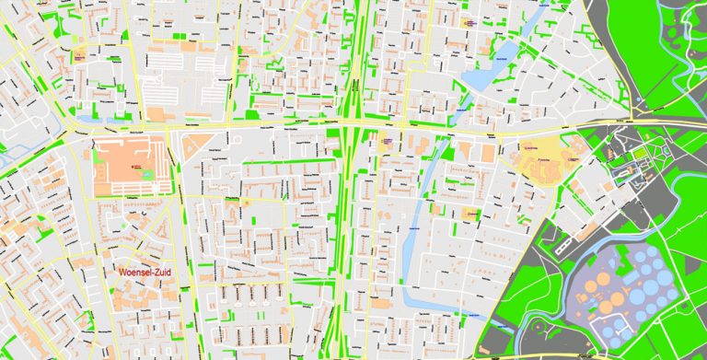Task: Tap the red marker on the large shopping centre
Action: [x=134, y=166]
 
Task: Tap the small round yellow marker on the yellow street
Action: [x=247, y=202]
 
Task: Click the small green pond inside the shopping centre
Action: [x=147, y=174]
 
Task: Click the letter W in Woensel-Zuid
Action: [x=121, y=273]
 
